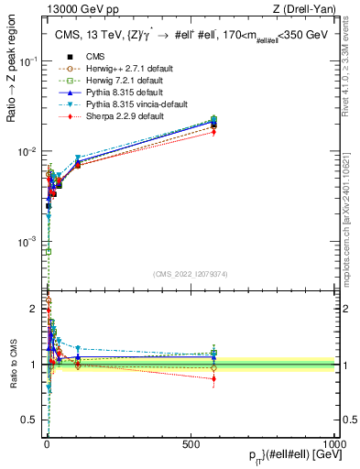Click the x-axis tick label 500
pos(191,443)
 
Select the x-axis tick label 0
pos(47,443)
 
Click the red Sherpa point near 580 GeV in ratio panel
pos(213,378)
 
